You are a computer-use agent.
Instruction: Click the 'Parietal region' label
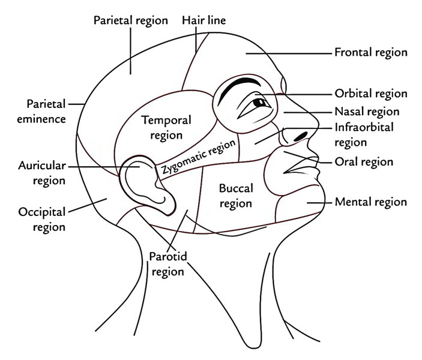130,20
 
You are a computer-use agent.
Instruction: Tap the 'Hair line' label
203,20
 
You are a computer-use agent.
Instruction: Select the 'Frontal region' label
370,52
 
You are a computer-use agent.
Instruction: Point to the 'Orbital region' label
370,94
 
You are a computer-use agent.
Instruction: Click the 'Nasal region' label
367,112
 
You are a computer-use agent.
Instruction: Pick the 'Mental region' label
370,202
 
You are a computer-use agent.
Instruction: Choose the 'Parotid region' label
167,263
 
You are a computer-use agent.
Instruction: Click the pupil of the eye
263,104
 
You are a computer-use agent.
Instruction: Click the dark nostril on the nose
302,134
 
